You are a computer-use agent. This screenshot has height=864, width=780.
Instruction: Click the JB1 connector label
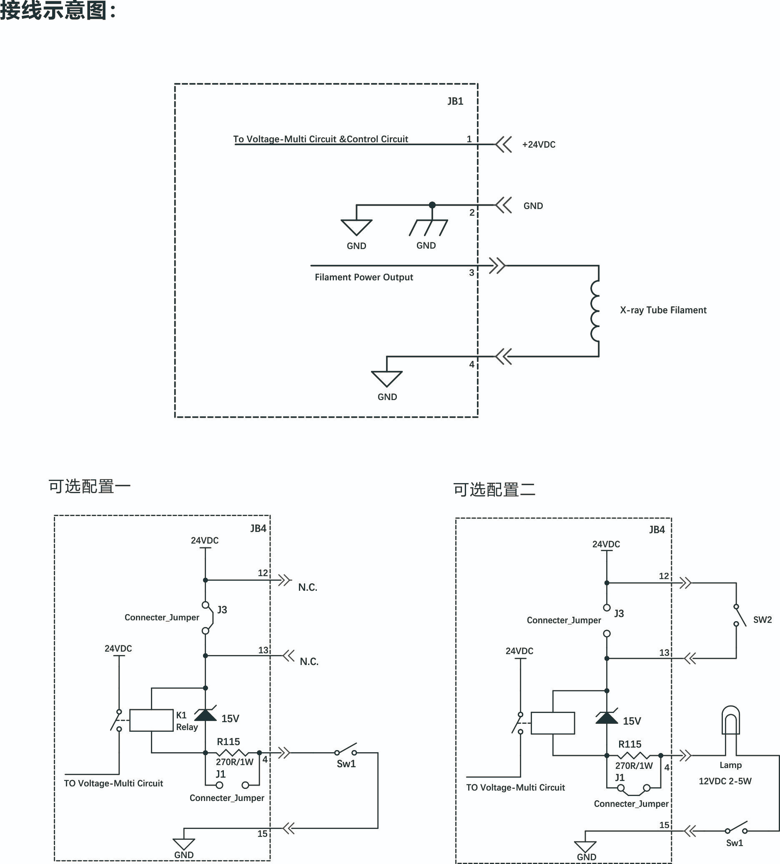tap(455, 101)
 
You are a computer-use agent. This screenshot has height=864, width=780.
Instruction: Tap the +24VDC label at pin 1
tap(539, 144)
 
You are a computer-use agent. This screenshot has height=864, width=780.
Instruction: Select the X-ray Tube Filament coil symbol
tap(595, 311)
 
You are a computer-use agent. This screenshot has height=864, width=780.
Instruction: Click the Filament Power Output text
tap(364, 277)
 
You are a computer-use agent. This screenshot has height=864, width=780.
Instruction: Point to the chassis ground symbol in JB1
tap(428, 227)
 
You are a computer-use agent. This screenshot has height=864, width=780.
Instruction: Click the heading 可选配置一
tap(90, 486)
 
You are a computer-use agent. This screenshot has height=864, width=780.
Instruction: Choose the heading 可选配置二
tap(494, 489)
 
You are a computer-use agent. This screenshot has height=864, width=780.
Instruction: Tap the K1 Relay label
tap(187, 721)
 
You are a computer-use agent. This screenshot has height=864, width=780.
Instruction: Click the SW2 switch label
tap(762, 619)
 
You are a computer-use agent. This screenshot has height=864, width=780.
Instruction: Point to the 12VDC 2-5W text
tap(725, 781)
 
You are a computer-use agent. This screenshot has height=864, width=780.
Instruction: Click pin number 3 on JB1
tap(472, 272)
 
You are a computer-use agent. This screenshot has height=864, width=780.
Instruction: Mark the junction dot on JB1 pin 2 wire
tap(432, 205)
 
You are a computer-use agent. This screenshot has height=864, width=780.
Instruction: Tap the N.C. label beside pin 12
tap(308, 587)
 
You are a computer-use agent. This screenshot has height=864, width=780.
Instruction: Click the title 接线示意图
tap(53, 10)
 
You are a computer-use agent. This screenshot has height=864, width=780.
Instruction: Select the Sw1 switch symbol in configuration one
tap(346, 749)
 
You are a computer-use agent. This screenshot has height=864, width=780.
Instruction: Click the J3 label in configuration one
tap(222, 610)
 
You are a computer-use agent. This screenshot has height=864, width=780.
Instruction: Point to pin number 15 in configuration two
tap(664, 825)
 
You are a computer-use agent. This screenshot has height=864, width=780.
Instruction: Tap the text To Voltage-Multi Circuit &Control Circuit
tap(321, 139)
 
